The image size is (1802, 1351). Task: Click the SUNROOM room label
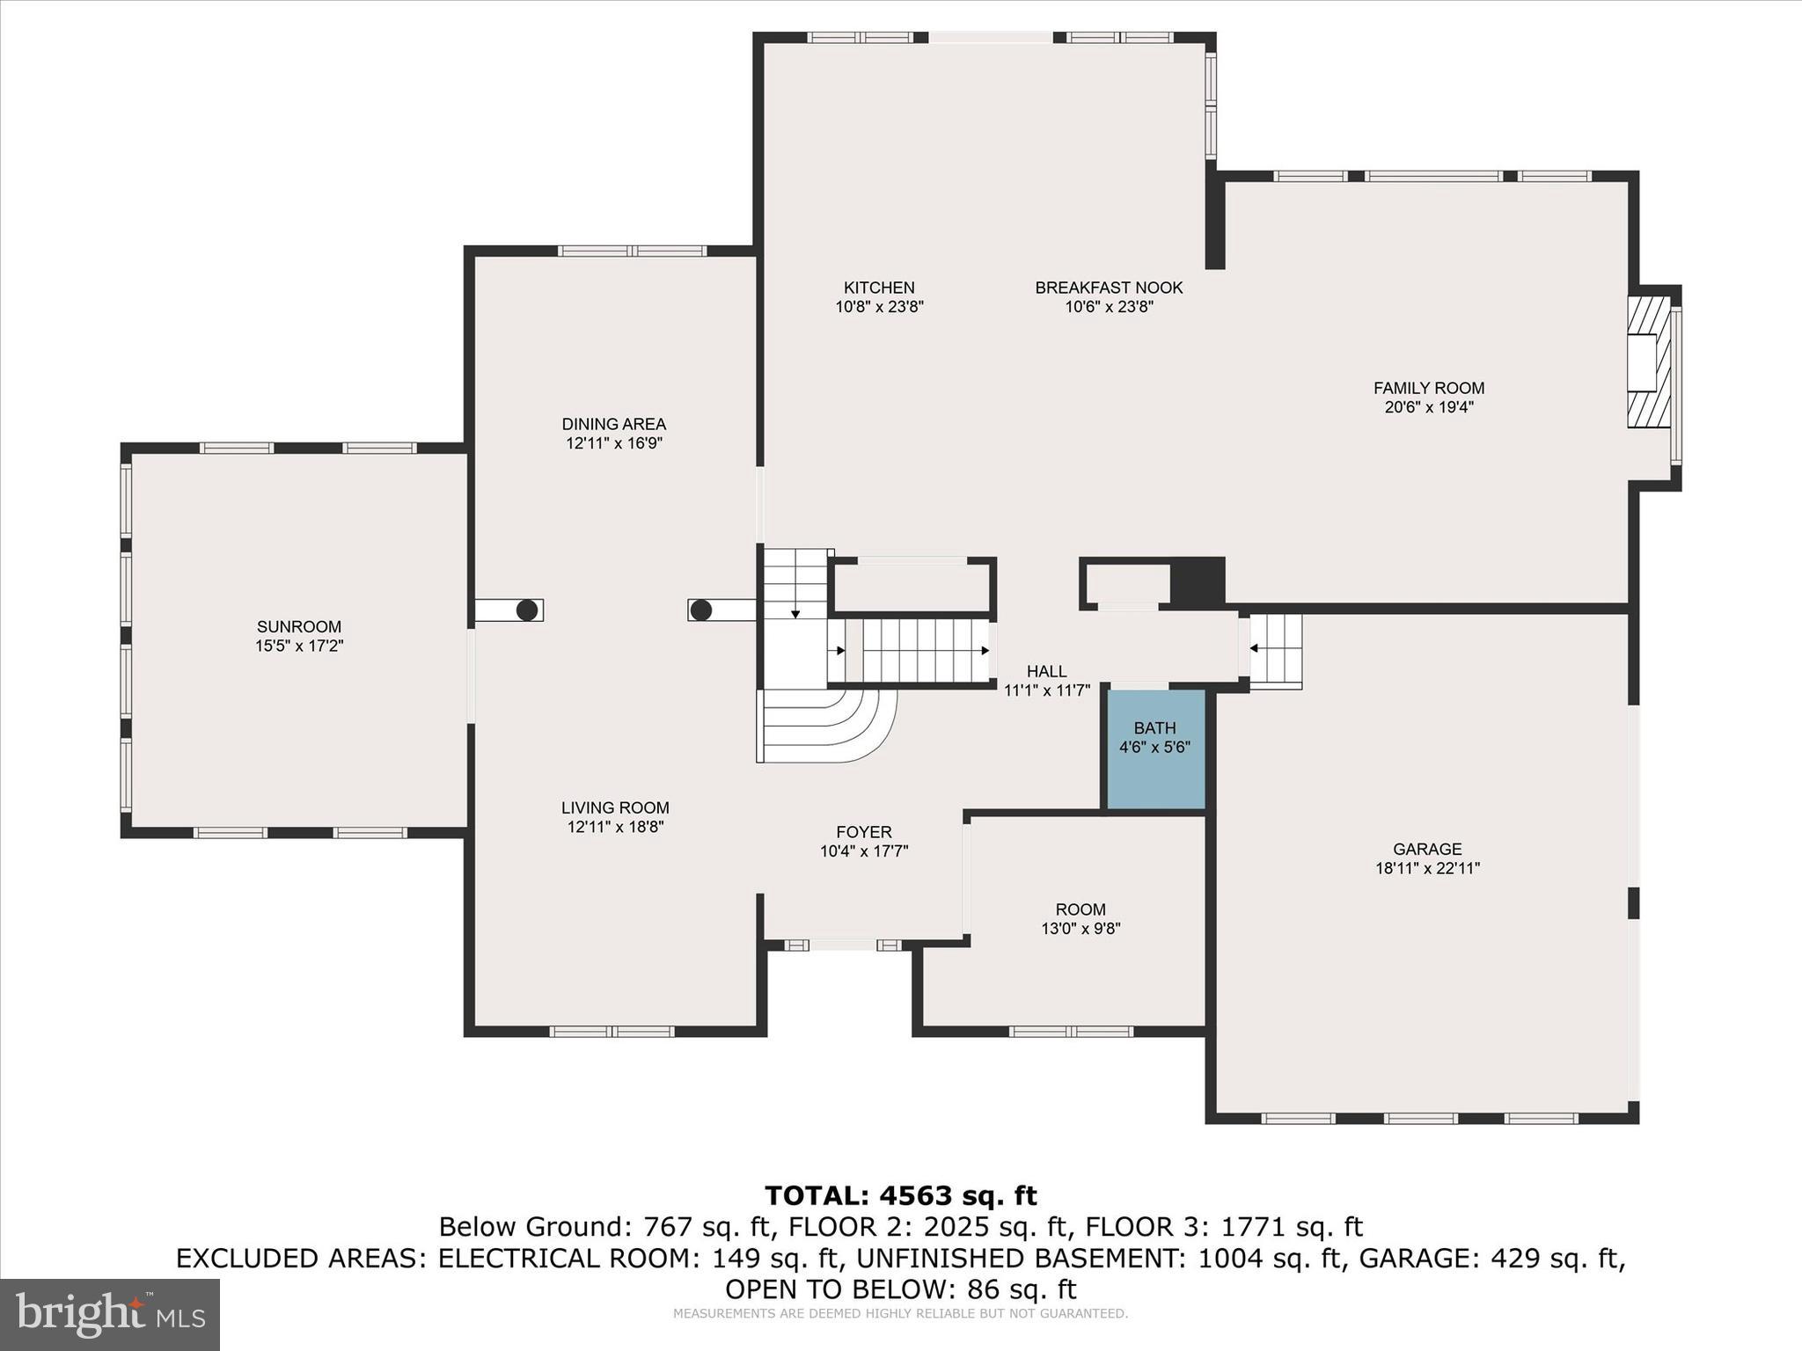click(298, 627)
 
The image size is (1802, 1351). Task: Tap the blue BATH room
click(1154, 749)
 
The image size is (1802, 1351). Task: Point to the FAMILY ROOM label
click(1428, 388)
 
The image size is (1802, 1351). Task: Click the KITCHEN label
click(879, 288)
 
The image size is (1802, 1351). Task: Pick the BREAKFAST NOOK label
click(1108, 288)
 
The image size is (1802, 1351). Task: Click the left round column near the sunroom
click(527, 610)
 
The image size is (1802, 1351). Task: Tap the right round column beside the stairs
click(700, 610)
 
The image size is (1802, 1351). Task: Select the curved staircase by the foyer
click(827, 726)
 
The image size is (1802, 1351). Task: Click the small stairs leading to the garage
click(1276, 650)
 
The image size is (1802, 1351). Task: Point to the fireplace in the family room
click(1647, 361)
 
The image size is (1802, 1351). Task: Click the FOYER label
click(863, 832)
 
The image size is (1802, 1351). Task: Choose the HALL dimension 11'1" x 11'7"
click(1046, 691)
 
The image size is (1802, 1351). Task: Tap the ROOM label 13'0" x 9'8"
click(1080, 909)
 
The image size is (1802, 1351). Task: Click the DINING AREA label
click(613, 425)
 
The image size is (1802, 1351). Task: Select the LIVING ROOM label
click(614, 808)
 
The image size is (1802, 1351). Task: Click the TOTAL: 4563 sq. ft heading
click(900, 1196)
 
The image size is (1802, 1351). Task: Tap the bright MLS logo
click(110, 1314)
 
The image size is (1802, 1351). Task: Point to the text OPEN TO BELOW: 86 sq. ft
click(900, 1289)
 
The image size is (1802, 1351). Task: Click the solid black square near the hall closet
click(1197, 581)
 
